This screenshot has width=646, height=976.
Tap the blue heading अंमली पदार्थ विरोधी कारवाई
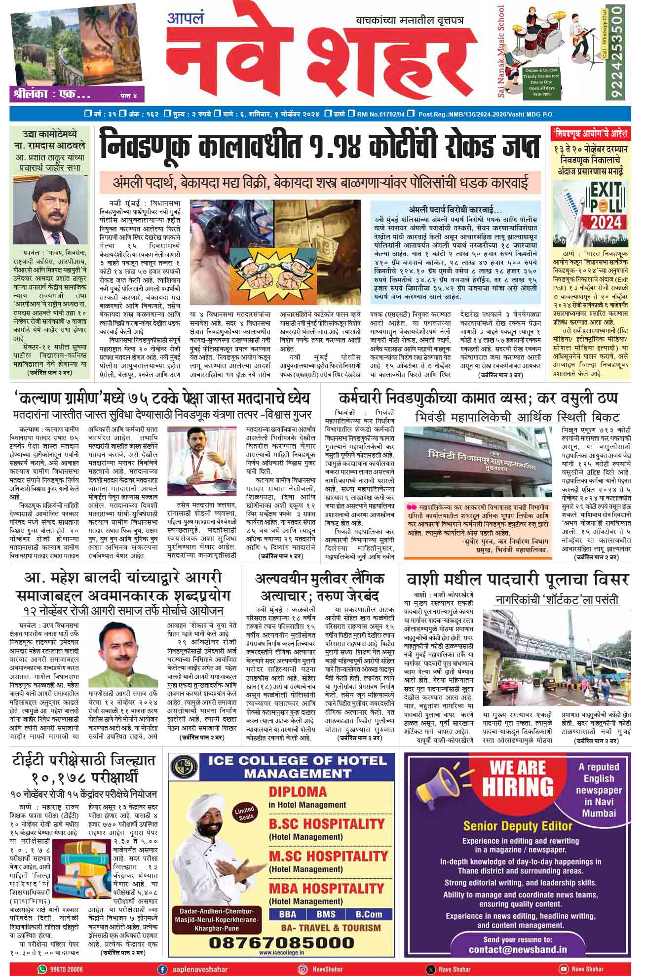click(x=455, y=209)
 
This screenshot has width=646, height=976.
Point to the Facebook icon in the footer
click(x=161, y=969)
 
